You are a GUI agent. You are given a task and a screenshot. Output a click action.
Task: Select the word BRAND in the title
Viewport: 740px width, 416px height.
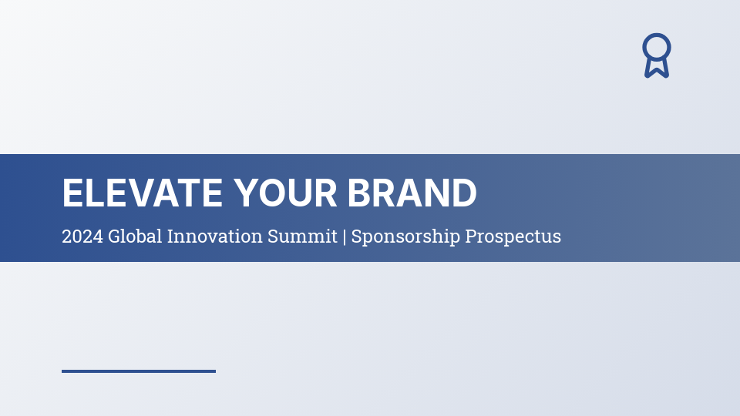coord(412,193)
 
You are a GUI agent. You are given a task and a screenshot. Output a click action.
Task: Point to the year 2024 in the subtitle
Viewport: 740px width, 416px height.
coord(82,237)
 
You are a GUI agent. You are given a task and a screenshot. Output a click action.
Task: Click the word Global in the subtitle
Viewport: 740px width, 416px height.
coord(135,237)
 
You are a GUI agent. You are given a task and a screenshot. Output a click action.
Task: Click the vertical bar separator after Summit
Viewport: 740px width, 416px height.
coord(345,237)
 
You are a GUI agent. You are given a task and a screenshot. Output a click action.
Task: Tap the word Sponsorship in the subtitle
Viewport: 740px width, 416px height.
coord(405,237)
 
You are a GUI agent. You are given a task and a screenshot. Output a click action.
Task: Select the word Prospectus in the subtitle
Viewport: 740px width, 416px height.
coord(513,237)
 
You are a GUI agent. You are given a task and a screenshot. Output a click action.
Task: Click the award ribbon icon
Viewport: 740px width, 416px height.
coord(657,55)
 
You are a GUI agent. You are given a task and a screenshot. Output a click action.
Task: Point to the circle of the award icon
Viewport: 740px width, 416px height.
coord(657,47)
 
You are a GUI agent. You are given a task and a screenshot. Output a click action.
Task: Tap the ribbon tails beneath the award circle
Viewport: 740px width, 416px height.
coord(657,69)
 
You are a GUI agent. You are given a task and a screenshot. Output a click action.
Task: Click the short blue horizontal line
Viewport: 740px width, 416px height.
coord(139,371)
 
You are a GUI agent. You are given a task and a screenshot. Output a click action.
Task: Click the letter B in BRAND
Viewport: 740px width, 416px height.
coord(359,193)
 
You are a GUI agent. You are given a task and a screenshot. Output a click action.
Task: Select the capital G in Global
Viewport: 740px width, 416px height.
coord(114,237)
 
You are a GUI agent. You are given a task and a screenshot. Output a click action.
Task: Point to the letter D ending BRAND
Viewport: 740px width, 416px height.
coord(464,193)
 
